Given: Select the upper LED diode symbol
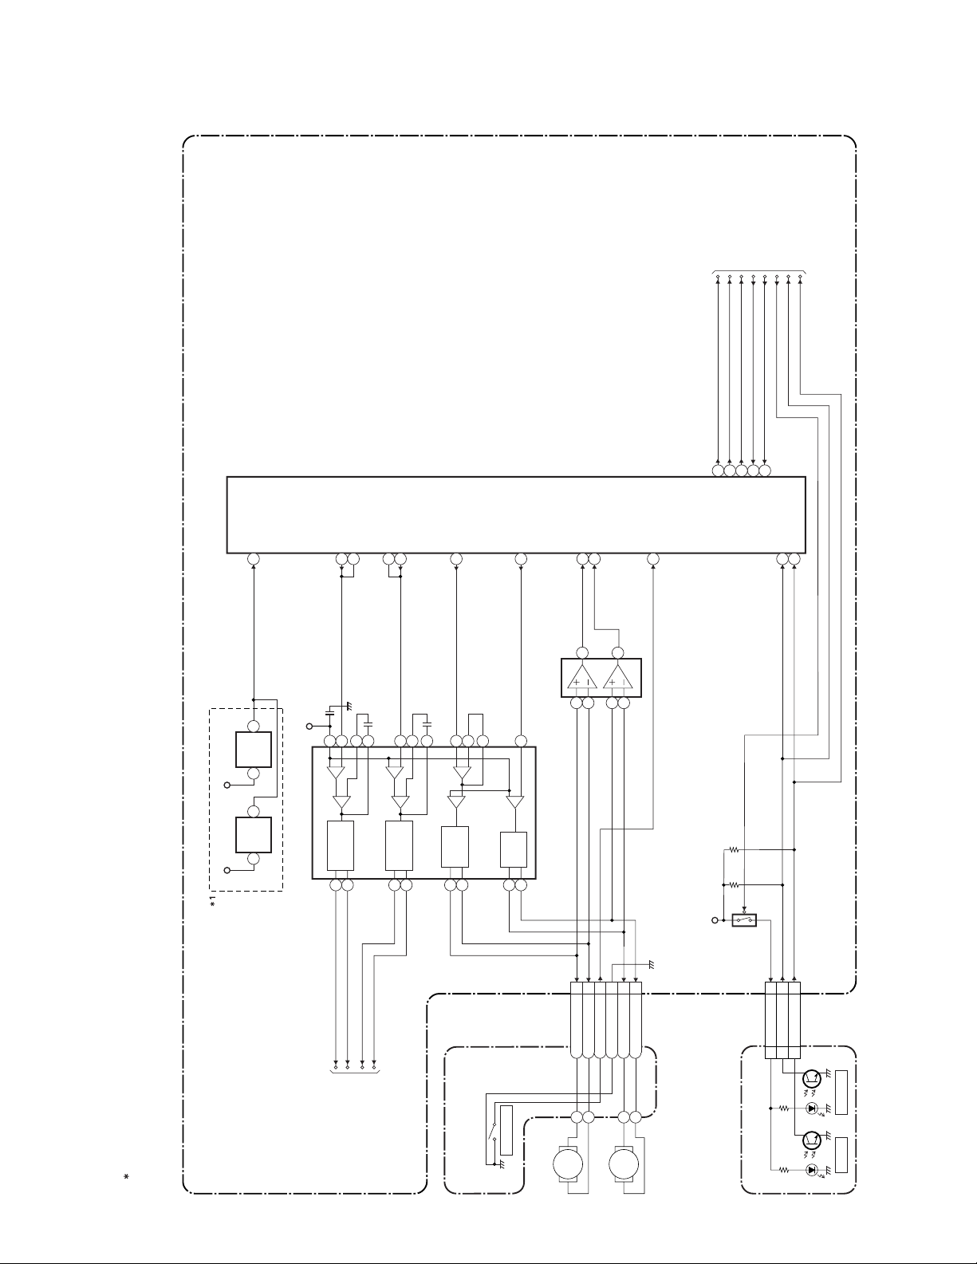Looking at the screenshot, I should coord(812,1108).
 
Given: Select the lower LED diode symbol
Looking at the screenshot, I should coord(812,1170).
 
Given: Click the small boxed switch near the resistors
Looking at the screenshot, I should coord(744,920).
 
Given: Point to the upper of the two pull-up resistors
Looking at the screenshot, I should coord(734,850).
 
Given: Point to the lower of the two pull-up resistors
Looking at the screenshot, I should coord(734,885).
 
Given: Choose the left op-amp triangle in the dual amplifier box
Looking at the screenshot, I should coord(581,678).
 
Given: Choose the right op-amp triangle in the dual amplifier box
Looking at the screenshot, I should coord(618,678).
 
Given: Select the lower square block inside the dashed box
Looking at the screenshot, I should coord(254,835).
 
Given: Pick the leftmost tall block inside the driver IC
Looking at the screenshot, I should coord(341,845).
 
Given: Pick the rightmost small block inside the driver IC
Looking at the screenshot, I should coord(513,849).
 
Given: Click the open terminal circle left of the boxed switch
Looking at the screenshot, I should coord(715,920).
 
